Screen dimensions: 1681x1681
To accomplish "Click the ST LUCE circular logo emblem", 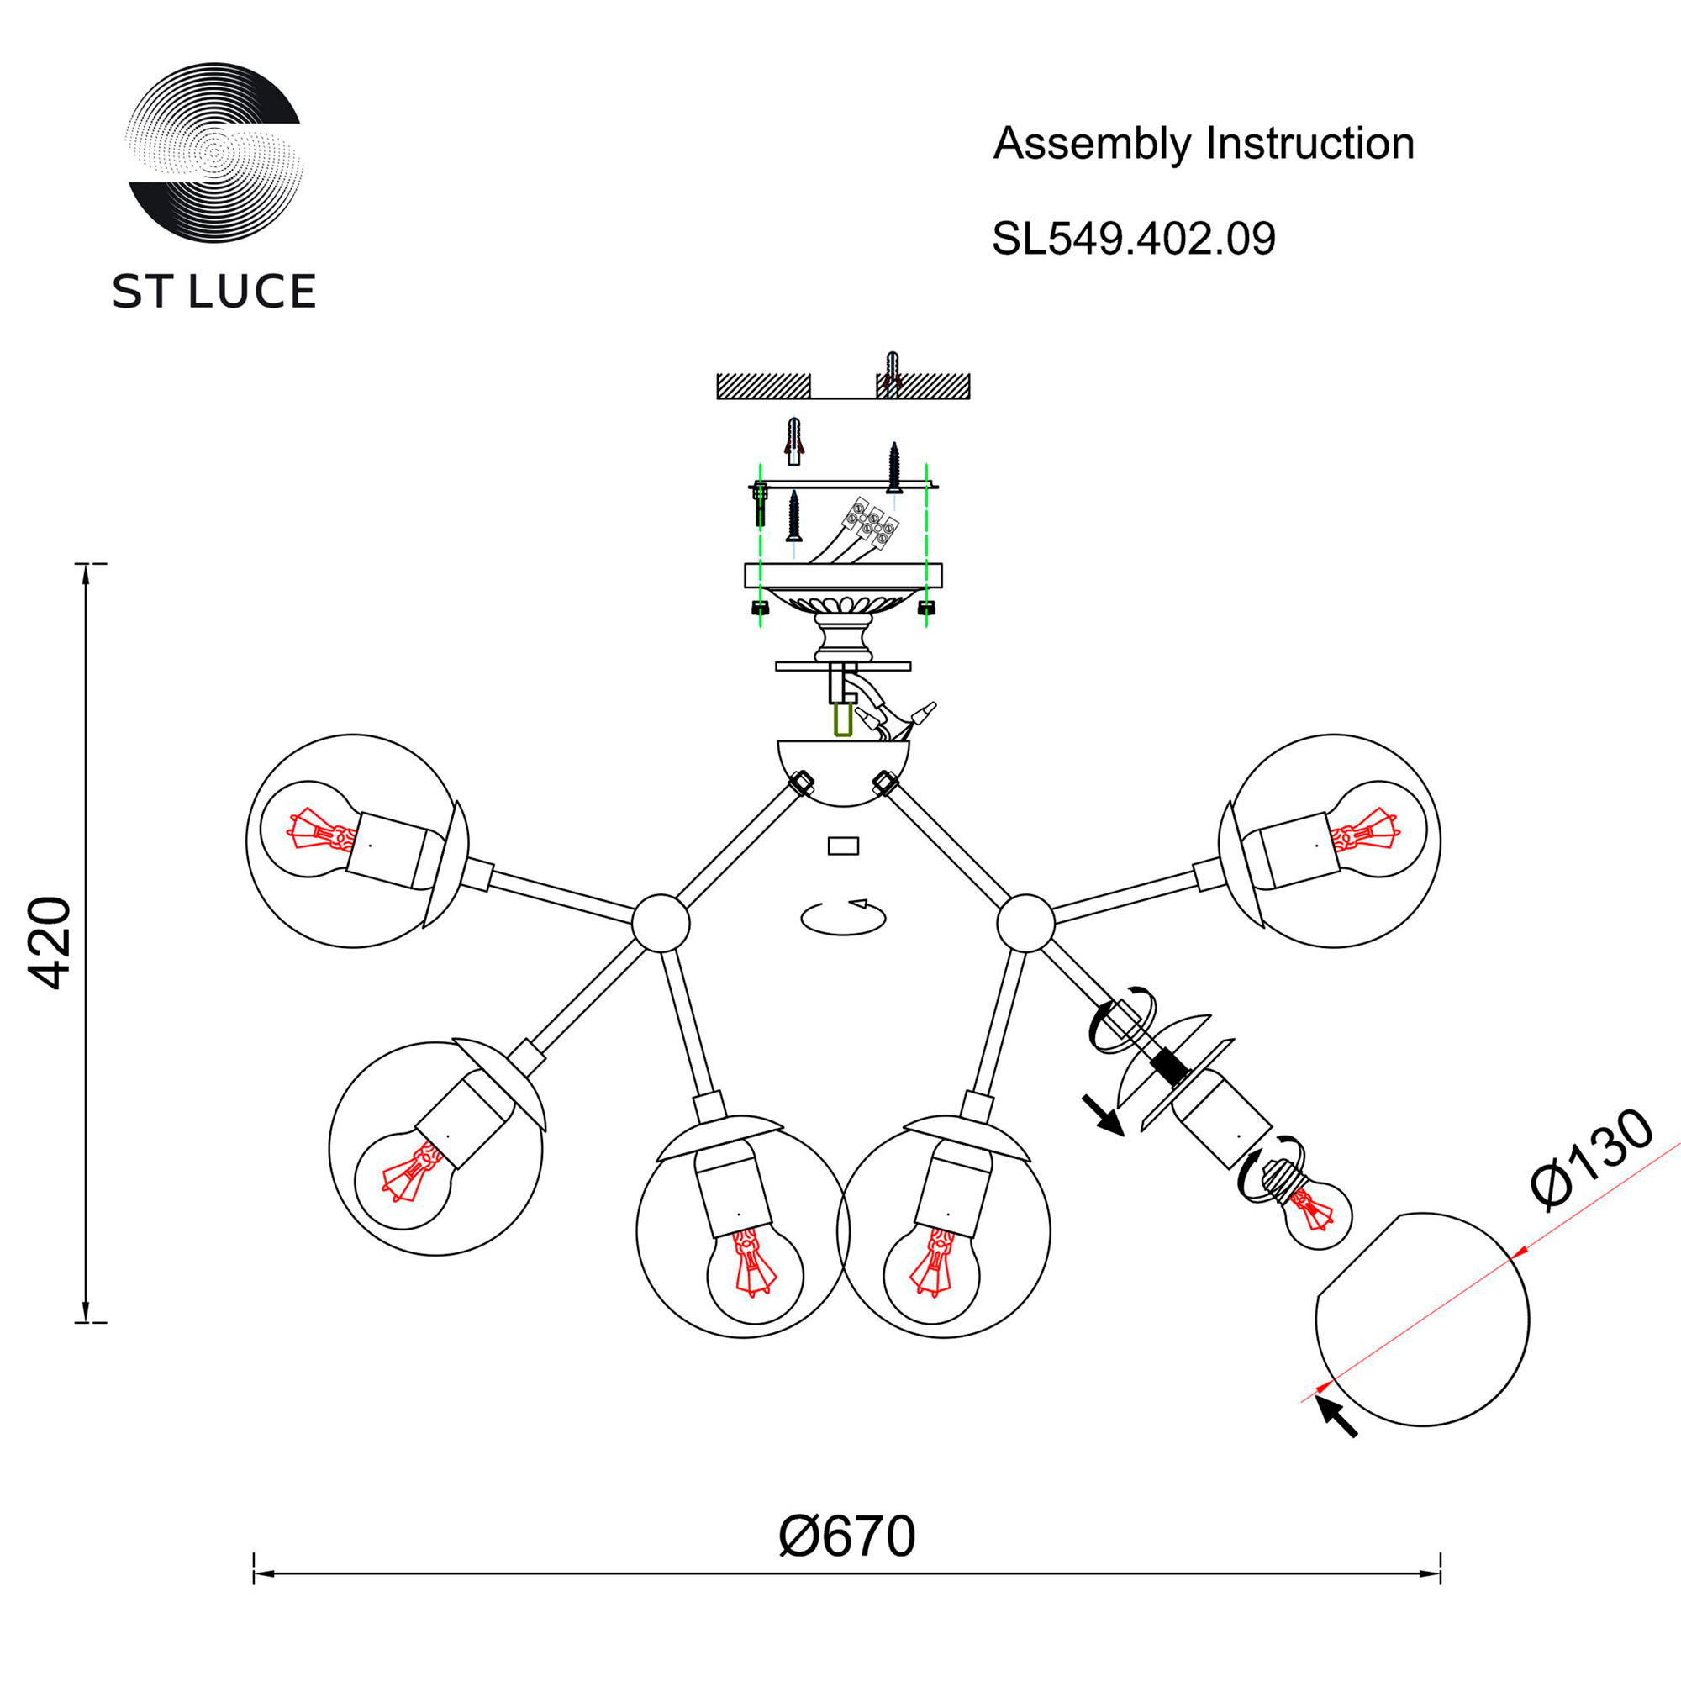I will (214, 152).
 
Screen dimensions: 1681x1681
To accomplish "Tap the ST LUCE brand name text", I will (214, 292).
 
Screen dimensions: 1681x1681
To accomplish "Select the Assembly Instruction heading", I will (1204, 144).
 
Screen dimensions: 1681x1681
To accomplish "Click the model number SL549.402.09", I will (1134, 239).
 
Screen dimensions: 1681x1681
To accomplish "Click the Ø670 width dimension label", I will (846, 1536).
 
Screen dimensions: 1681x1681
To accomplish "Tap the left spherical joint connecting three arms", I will (661, 922).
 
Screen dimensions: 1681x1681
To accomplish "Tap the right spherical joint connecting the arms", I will (1025, 922).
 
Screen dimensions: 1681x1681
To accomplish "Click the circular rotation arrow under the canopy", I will (843, 917).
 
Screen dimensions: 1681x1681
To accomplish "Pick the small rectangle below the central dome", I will (843, 846).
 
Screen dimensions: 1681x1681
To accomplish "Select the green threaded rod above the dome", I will (842, 720).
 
